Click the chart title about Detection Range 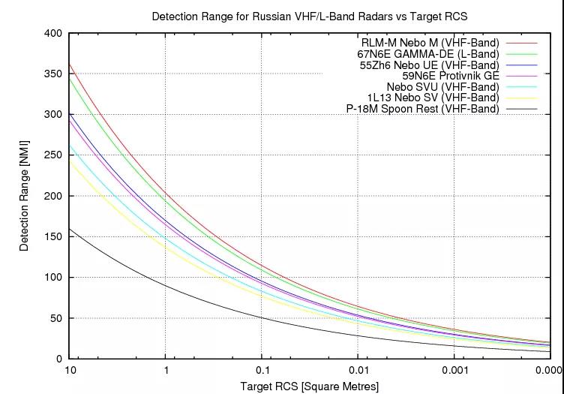click(309, 16)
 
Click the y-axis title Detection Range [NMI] click(25, 195)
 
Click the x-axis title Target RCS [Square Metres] click(309, 386)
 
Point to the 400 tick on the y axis click(53, 34)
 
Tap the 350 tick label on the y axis click(53, 74)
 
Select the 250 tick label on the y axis click(53, 155)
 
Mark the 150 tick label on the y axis click(53, 236)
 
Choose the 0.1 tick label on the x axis click(262, 371)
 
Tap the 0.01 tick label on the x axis click(358, 371)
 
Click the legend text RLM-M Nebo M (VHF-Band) click(430, 44)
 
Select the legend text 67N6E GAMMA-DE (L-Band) click(427, 55)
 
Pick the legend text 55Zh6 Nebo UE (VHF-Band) click(429, 65)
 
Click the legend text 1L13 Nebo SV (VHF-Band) click(433, 98)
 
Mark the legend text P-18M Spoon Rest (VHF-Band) click(422, 109)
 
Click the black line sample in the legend click(522, 109)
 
